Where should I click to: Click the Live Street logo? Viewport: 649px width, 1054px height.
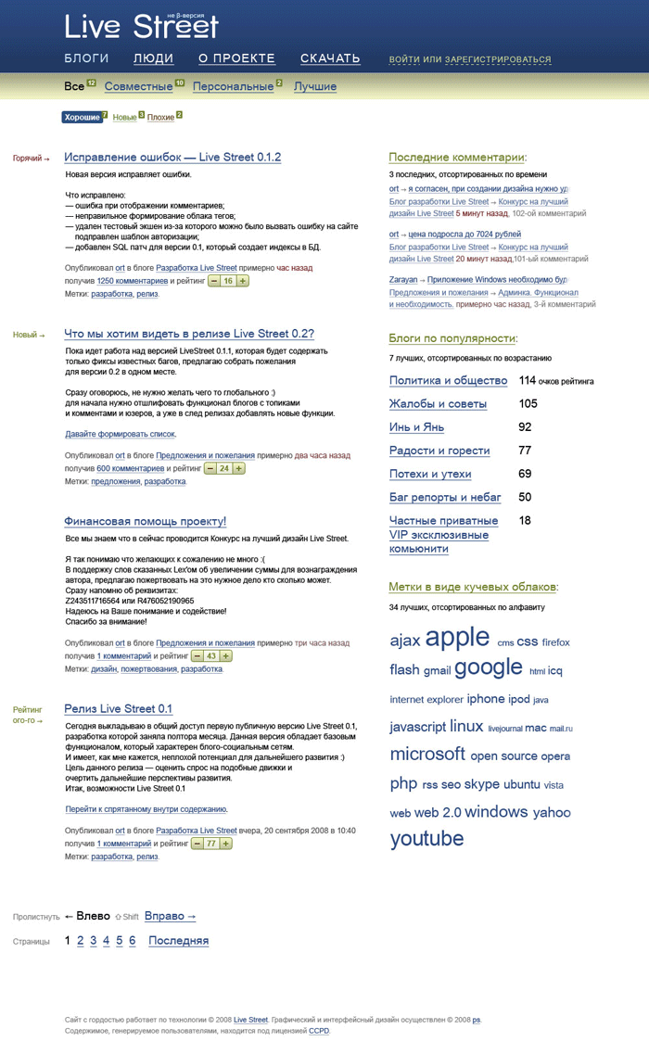(141, 27)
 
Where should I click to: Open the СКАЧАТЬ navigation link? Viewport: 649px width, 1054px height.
(330, 58)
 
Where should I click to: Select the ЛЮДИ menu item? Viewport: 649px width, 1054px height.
(153, 58)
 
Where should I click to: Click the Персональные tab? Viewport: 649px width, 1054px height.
(233, 87)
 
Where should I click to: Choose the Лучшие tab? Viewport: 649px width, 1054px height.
(315, 87)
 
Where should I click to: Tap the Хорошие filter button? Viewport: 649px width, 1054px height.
(83, 118)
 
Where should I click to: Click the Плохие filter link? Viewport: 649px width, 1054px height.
(160, 118)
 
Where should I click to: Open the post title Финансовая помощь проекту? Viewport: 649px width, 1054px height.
(145, 522)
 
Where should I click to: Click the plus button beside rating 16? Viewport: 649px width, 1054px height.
(243, 281)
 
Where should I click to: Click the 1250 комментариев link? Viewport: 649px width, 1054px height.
(133, 281)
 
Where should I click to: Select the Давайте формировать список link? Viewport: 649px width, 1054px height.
(120, 434)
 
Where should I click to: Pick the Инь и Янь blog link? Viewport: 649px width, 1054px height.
(416, 427)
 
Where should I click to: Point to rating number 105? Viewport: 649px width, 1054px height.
(528, 404)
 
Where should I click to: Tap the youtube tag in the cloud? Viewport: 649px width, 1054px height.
(426, 839)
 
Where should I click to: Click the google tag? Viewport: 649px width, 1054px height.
(489, 667)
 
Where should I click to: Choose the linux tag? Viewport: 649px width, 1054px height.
(466, 727)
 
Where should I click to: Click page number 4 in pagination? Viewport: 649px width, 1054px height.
(106, 941)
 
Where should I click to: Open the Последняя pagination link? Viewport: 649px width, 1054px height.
(178, 941)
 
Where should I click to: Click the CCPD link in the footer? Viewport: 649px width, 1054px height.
(319, 1031)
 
